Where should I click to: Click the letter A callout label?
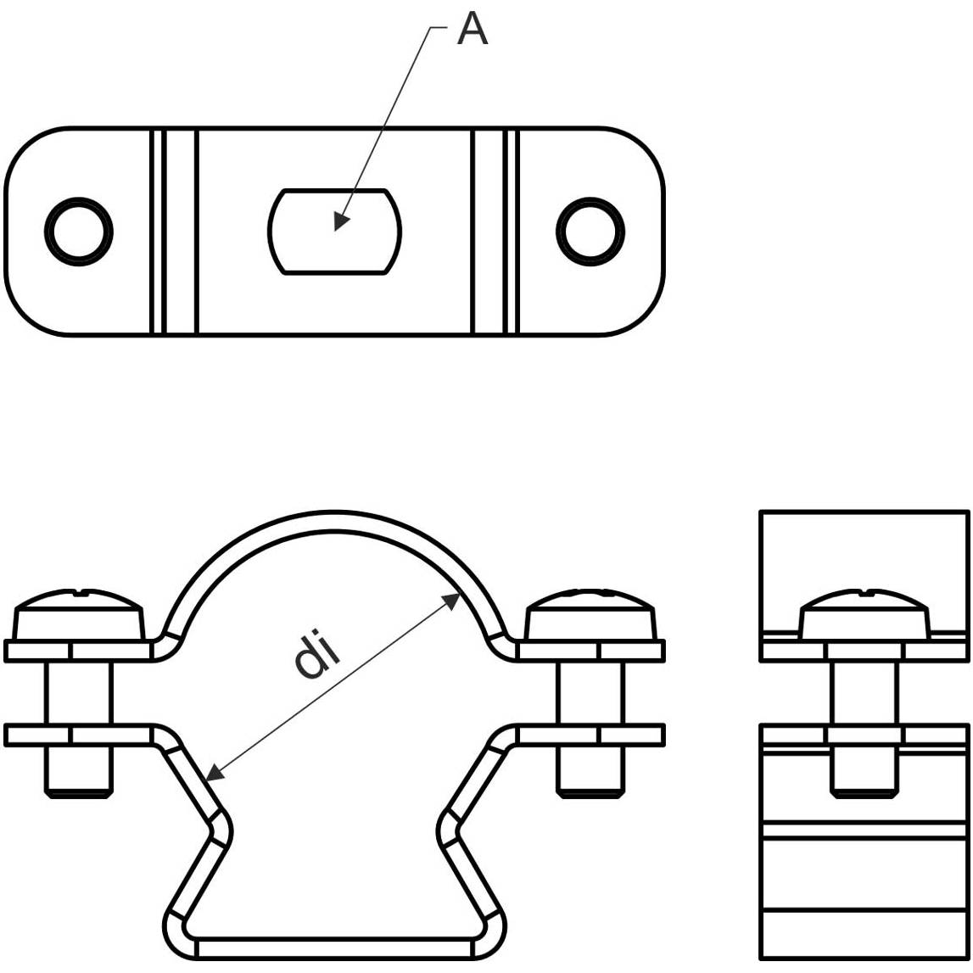pos(473,29)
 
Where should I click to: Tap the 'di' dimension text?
pos(317,655)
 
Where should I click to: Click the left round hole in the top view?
pos(79,232)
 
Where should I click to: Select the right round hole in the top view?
pos(590,232)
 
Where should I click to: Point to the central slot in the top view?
pos(334,232)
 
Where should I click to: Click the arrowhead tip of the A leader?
pos(335,231)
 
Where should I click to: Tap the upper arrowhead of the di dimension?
pos(460,594)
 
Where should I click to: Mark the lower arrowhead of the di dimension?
pos(207,780)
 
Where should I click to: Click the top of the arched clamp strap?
pos(335,519)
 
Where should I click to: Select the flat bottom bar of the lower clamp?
pos(335,948)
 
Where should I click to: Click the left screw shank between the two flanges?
pos(79,692)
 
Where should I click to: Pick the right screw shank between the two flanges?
pos(590,692)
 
